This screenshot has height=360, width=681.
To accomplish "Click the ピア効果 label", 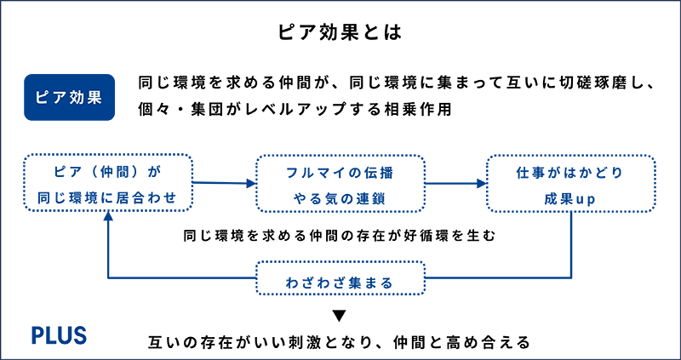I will click(69, 98).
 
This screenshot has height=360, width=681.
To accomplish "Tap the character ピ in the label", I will click(41, 98).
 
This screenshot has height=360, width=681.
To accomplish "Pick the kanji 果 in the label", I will click(95, 98).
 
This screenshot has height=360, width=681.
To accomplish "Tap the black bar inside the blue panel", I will click(375, 235).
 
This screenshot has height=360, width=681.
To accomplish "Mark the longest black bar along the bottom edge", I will click(409, 345).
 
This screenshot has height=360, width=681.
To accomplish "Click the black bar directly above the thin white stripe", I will click(502, 318).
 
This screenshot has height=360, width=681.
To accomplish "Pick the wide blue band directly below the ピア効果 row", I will click(340, 179).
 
